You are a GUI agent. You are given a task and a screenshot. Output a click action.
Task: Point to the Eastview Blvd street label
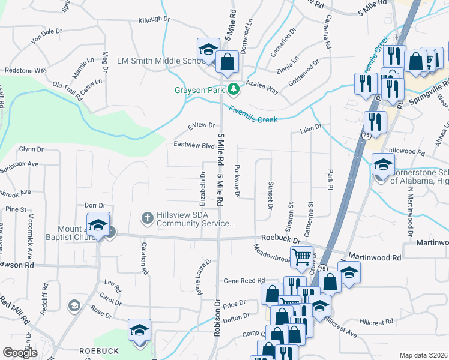click(194, 145)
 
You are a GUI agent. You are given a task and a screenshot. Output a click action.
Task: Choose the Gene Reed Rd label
click(244, 280)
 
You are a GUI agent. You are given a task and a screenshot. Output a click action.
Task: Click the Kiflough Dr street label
click(155, 20)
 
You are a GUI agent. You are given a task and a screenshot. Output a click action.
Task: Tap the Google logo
click(21, 353)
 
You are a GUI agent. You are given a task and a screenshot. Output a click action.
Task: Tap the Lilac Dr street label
click(311, 128)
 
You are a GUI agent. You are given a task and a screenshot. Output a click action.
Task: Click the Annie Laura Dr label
click(202, 277)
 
